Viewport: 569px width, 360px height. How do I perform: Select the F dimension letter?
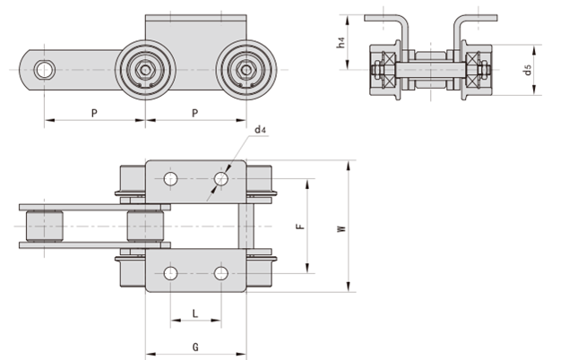point(300,226)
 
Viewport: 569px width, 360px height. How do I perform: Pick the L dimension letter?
point(195,313)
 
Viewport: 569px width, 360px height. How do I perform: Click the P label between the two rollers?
point(195,111)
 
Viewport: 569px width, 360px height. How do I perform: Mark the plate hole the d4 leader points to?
point(220,179)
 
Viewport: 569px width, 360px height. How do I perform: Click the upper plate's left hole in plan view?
point(170,179)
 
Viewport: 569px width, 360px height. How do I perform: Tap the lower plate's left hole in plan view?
point(170,272)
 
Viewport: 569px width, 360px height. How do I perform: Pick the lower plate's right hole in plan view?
point(220,272)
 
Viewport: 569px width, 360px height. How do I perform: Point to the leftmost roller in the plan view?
point(45,226)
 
